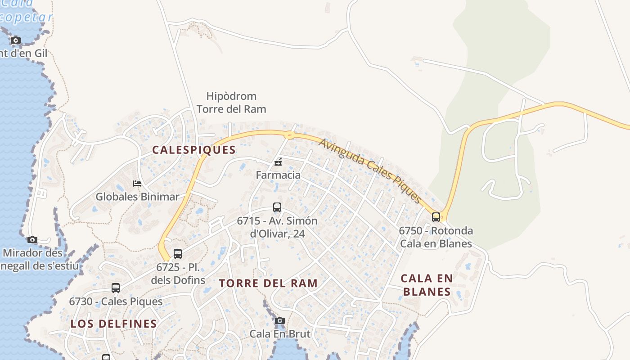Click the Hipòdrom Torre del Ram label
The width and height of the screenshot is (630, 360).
tap(231, 103)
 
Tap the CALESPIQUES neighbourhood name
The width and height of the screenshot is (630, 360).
tap(194, 150)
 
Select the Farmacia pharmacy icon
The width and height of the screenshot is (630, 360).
tap(279, 162)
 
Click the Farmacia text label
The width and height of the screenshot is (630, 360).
tap(278, 175)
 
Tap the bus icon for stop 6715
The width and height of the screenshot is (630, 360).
tap(277, 207)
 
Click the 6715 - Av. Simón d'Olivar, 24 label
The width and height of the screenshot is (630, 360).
tap(277, 227)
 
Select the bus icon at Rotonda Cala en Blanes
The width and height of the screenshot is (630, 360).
tap(436, 217)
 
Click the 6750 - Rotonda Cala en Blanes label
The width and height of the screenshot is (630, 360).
tap(436, 237)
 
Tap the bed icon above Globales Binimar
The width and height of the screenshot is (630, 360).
tap(137, 183)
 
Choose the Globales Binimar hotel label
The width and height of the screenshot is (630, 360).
tap(137, 197)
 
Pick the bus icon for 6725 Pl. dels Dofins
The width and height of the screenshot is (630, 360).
tap(178, 254)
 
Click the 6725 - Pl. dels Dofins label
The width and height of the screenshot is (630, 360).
tap(178, 274)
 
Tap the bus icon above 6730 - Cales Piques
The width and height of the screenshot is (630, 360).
tap(116, 288)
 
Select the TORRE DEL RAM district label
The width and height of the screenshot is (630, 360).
tap(268, 283)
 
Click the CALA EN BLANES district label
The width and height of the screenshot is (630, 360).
tap(427, 285)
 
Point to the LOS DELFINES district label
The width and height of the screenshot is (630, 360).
tap(114, 324)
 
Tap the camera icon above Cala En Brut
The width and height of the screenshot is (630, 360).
tap(280, 321)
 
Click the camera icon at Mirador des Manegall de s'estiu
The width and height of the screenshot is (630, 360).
tap(32, 239)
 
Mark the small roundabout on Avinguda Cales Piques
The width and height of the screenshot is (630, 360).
tap(289, 135)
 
